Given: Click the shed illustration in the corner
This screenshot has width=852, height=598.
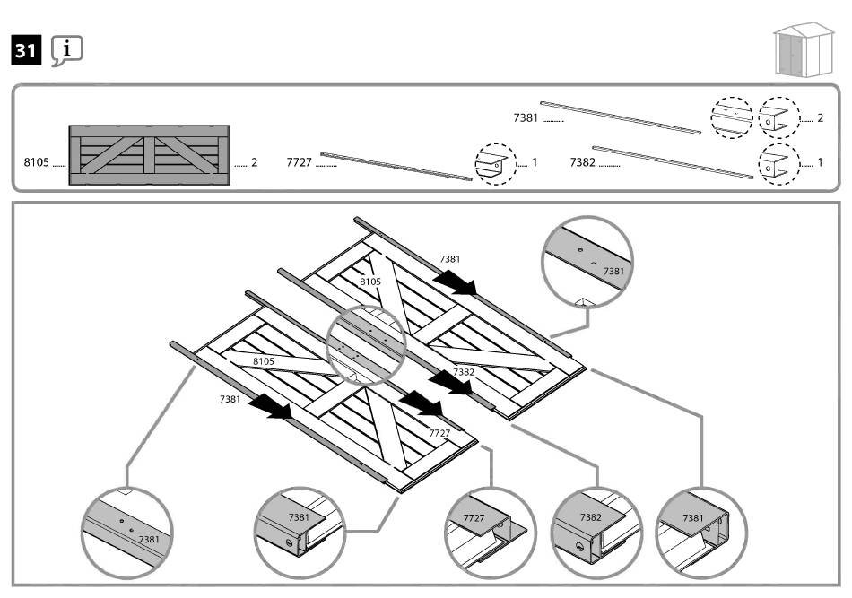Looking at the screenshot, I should coord(803,49).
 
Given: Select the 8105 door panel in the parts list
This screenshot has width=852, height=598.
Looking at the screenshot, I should coord(149,154).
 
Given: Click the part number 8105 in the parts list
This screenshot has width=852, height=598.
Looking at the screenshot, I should coord(37,163).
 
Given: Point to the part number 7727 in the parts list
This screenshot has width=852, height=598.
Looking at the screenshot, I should coord(299,163).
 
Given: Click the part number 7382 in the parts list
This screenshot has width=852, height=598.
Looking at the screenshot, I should coord(583,163).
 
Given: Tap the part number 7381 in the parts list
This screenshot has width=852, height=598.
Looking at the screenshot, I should coord(526,117).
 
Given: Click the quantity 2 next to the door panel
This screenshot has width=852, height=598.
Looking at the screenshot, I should coord(255,163).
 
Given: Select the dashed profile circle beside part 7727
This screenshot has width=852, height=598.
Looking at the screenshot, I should coord(496,164).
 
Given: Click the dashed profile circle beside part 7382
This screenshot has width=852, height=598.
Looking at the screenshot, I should coord(778,164).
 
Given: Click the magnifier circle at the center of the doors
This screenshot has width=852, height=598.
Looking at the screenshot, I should coord(367,344).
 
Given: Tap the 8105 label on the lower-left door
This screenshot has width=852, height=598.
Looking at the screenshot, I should coord(264,361).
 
